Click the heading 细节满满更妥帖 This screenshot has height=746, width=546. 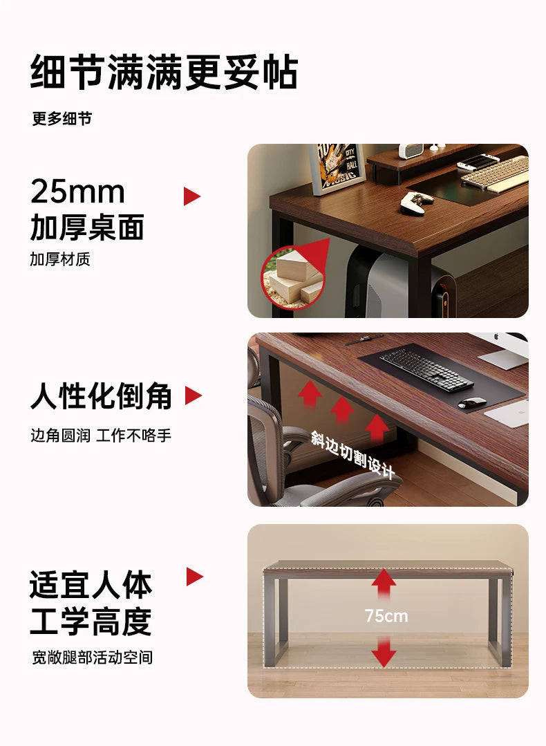[x=164, y=73]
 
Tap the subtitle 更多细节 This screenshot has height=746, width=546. [x=62, y=119]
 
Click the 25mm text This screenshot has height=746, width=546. [x=77, y=192]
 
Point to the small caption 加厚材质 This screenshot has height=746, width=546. [x=60, y=260]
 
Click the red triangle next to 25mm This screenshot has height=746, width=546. [x=191, y=196]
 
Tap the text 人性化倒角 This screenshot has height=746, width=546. [x=101, y=397]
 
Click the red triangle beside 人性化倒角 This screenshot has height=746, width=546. [x=193, y=396]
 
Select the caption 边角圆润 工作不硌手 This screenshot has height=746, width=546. [x=101, y=436]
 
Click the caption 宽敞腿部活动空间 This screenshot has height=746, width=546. [x=92, y=658]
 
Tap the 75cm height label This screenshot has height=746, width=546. [x=386, y=616]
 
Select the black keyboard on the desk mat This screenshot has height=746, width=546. [x=426, y=368]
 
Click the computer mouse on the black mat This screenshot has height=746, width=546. [x=472, y=402]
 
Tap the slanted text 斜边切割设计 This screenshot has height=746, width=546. [x=352, y=455]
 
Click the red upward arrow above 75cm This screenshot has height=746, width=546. [x=384, y=584]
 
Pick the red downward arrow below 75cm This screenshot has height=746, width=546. [x=384, y=653]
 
